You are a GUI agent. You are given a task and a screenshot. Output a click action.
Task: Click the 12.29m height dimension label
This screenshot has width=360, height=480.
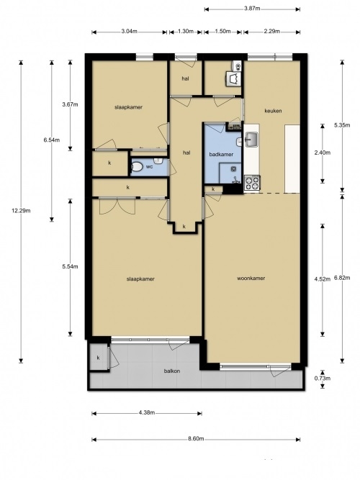pyautogui.click(x=21, y=211)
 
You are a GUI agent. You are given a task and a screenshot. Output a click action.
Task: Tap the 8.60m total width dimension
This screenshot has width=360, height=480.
pyautogui.click(x=196, y=439)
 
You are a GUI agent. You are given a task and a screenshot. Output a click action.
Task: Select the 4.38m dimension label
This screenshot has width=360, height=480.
pyautogui.click(x=146, y=412)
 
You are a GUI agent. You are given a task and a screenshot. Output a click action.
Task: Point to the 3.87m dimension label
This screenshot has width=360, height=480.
pyautogui.click(x=252, y=9)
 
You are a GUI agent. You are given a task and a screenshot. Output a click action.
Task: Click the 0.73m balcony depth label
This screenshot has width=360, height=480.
pyautogui.click(x=323, y=379)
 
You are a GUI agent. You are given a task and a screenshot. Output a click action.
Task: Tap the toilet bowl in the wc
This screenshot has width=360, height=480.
pyautogui.click(x=137, y=167)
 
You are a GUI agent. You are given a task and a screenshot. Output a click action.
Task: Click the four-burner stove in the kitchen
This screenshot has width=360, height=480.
pyautogui.click(x=252, y=183)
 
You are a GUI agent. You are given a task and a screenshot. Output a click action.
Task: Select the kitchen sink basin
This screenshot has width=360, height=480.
pyautogui.click(x=253, y=140)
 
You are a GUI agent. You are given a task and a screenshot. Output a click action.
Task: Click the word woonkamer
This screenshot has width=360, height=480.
pyautogui.click(x=251, y=279)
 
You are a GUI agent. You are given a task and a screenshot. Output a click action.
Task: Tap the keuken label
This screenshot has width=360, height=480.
pyautogui.click(x=273, y=111)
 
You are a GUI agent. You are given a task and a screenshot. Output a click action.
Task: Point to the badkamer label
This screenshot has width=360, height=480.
pyautogui.click(x=221, y=154)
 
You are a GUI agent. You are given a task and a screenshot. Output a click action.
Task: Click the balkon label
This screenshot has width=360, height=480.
pyautogui.click(x=172, y=371)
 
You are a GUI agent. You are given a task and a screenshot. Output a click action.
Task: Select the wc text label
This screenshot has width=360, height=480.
pyautogui.click(x=149, y=167)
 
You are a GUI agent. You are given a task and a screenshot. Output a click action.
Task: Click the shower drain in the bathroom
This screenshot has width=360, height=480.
pyautogui.click(x=233, y=168)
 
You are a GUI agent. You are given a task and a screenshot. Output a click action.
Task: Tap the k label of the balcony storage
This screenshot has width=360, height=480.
pyautogui.click(x=99, y=358)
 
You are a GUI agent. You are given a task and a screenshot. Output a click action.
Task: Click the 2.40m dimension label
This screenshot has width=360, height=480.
pyautogui.click(x=323, y=153)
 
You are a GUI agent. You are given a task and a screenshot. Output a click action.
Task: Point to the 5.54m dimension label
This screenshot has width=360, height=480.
pyautogui.click(x=70, y=267)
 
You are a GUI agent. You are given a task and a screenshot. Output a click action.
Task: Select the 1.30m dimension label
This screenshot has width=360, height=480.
pyautogui.click(x=186, y=31)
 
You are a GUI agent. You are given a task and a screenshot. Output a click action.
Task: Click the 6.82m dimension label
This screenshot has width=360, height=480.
pyautogui.click(x=342, y=278)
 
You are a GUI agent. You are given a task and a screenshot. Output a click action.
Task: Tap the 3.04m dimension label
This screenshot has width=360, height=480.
pyautogui.click(x=130, y=31)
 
